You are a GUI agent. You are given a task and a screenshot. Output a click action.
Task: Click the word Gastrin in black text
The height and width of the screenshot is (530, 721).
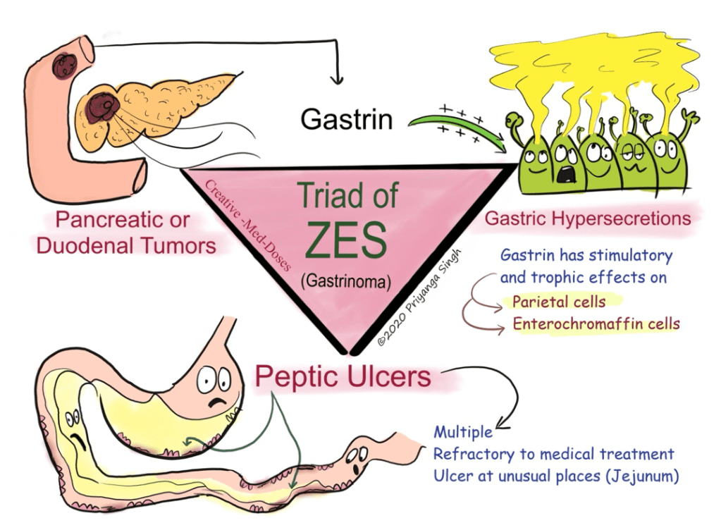pyautogui.click(x=346, y=119)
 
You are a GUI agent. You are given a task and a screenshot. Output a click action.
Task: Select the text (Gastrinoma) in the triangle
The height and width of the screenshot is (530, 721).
pyautogui.click(x=345, y=282)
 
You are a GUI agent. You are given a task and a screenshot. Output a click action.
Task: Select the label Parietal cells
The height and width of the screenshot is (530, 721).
pyautogui.click(x=558, y=302)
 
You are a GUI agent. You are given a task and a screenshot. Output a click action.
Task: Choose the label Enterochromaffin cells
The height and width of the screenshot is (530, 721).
pyautogui.click(x=596, y=323)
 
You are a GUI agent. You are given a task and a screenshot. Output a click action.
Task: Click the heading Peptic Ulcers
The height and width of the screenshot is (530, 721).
pyautogui.click(x=343, y=376)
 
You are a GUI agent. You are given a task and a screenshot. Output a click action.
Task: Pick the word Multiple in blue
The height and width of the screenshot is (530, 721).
pyautogui.click(x=463, y=431)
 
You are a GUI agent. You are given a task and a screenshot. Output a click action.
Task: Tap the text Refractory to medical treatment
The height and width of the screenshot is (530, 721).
pyautogui.click(x=553, y=454)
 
